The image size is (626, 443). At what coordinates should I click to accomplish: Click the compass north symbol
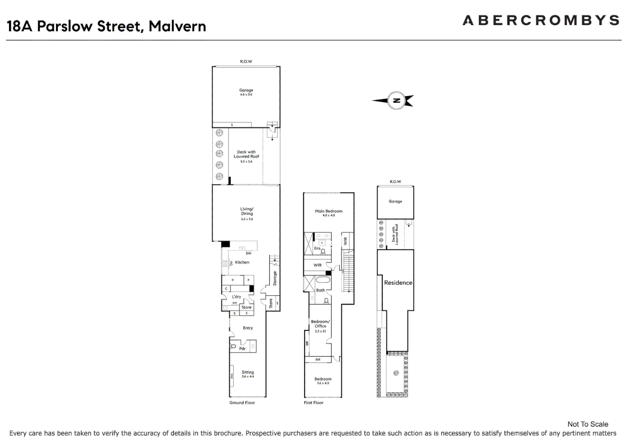(396, 100)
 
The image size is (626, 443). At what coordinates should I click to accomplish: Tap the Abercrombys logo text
(541, 21)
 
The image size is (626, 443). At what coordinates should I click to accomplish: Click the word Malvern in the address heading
(177, 26)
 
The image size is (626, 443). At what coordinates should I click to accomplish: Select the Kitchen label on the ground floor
(242, 263)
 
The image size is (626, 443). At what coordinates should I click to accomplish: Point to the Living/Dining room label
(247, 211)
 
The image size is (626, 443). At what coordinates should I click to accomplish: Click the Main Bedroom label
(329, 211)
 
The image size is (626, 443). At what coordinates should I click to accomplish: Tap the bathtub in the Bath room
(323, 280)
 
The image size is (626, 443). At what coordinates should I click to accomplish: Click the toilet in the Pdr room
(234, 347)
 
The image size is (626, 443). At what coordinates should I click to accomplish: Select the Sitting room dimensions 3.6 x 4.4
(247, 377)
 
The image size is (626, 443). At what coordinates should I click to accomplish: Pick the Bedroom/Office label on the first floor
(320, 324)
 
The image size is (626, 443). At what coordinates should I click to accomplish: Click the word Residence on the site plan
(398, 283)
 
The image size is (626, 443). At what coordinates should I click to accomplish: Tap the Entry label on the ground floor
(248, 328)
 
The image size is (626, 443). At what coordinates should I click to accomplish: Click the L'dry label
(236, 297)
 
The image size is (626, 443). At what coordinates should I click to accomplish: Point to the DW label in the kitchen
(248, 253)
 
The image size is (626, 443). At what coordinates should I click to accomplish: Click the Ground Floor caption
(242, 403)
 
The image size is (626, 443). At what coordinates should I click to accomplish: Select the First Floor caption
(313, 403)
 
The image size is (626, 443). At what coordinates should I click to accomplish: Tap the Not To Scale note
(587, 424)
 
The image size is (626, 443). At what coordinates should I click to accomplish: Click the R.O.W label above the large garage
(246, 62)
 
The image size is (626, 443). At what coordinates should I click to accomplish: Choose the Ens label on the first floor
(317, 248)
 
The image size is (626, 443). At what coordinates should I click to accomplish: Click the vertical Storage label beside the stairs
(275, 278)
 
